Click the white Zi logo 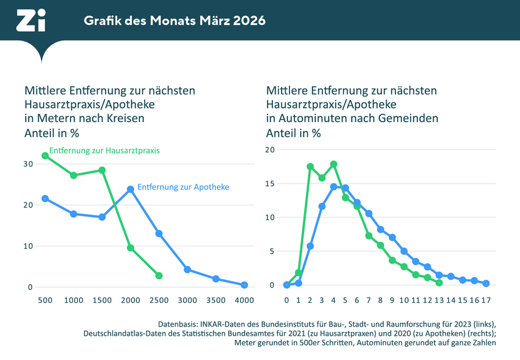point(30,20)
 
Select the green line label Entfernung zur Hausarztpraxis point(104,150)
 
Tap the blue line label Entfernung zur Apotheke point(183,187)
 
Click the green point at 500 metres point(45,156)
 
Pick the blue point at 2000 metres point(131,189)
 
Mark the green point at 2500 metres point(159,275)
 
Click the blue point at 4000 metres point(244,285)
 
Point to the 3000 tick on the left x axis point(187,300)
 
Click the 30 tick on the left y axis point(28,164)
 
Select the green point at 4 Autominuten point(333,164)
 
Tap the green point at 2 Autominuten point(310,167)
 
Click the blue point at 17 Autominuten point(486,283)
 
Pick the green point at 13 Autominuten point(439,283)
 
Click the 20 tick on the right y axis point(270,150)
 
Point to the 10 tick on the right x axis point(404,300)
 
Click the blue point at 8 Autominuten point(381,229)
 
